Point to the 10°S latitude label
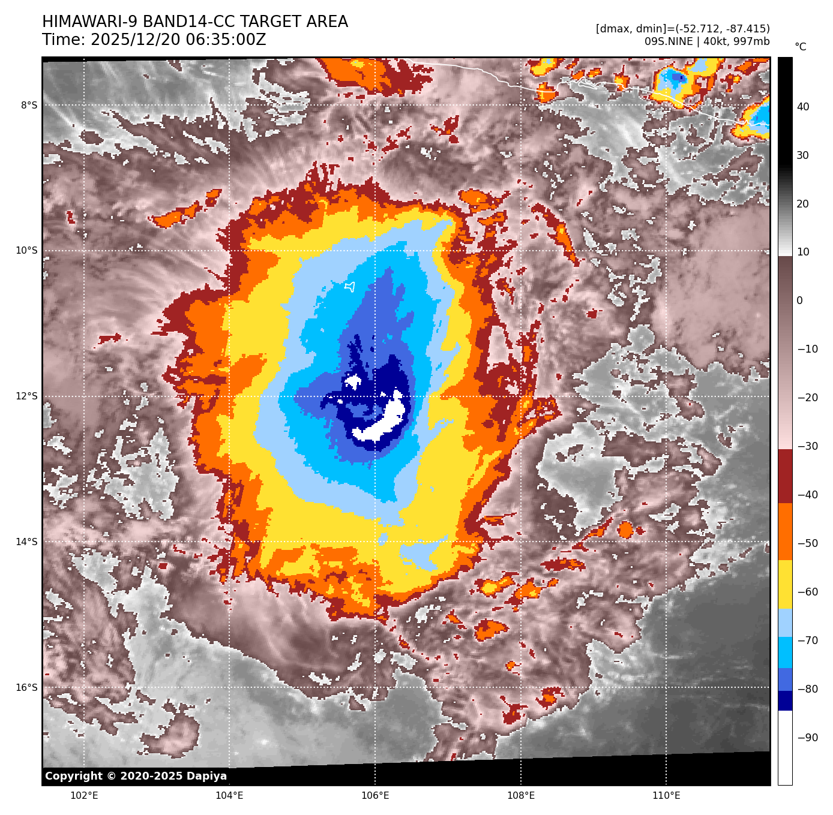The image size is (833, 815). (26, 251)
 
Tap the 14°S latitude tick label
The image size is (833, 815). (26, 542)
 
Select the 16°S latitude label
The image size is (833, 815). (26, 688)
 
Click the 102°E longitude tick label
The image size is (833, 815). (84, 796)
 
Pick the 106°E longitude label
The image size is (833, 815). (375, 796)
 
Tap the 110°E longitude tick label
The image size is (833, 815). (666, 796)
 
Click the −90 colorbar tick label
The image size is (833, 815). (807, 738)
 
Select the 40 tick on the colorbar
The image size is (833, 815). (803, 107)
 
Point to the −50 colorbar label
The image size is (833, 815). (807, 543)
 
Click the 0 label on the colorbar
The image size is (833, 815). (799, 300)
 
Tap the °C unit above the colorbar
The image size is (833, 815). (801, 47)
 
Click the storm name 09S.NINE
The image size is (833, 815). (667, 41)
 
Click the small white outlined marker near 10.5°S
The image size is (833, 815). (350, 287)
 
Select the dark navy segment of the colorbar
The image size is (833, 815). (785, 700)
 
